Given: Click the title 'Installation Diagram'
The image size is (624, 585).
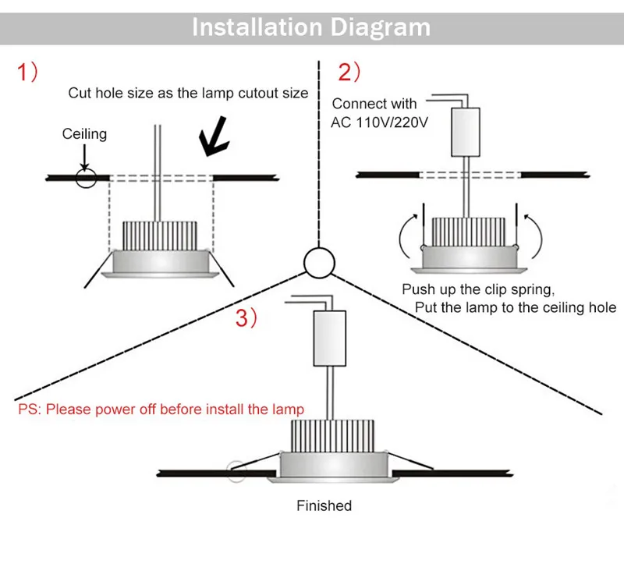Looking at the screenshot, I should coord(311,27).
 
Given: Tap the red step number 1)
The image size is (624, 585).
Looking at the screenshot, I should coord(29,73).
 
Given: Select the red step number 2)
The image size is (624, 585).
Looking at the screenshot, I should coord(349,73).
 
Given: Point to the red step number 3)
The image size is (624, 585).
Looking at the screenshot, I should coord(247,317).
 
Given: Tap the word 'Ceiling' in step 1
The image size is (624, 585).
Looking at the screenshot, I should coord(84,134).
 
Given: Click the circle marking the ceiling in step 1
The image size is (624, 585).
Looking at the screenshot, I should coord(85,177).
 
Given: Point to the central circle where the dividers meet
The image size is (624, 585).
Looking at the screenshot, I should coord(319,264).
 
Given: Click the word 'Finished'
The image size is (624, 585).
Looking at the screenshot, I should coord(324,506).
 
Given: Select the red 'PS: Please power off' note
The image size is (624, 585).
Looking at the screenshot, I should coord(161,409).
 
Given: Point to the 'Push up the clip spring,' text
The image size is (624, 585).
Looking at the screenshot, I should coord(477,289).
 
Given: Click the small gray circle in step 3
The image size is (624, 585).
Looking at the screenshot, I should coord(233,471).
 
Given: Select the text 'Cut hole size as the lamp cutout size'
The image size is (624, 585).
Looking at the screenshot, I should coord(188,93).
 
